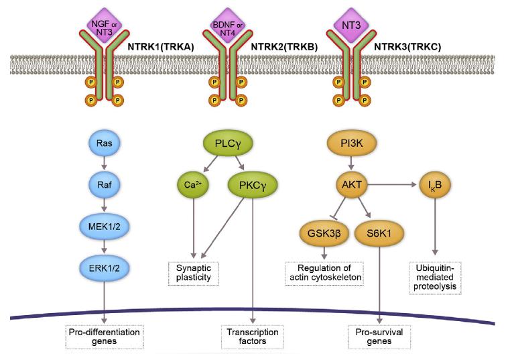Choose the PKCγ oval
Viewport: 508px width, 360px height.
tap(251, 183)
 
